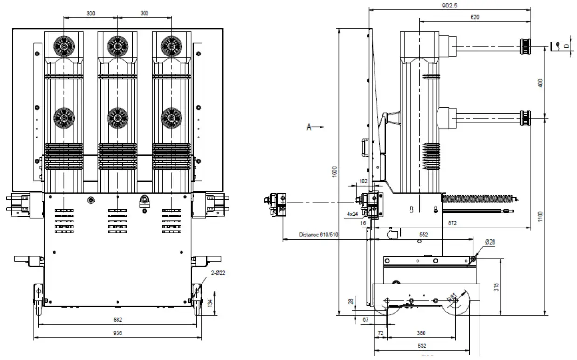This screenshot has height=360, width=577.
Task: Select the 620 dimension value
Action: point(475,17)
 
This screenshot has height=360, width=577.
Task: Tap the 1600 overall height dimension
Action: point(334,171)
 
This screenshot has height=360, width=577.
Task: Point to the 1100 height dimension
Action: point(540,216)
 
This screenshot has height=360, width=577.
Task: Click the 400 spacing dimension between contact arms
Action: point(540,83)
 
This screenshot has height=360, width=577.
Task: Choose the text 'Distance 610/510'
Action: point(319,235)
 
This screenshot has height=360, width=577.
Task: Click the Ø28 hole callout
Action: point(490,242)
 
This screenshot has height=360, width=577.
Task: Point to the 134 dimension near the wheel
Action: point(210,303)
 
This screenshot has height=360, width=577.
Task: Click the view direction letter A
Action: point(309,126)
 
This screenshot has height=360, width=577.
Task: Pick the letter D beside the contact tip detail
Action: point(566,46)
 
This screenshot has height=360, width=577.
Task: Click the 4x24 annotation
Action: point(353,214)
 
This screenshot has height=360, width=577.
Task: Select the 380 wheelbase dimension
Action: point(421,333)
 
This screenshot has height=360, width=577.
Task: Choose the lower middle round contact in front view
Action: point(118,118)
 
